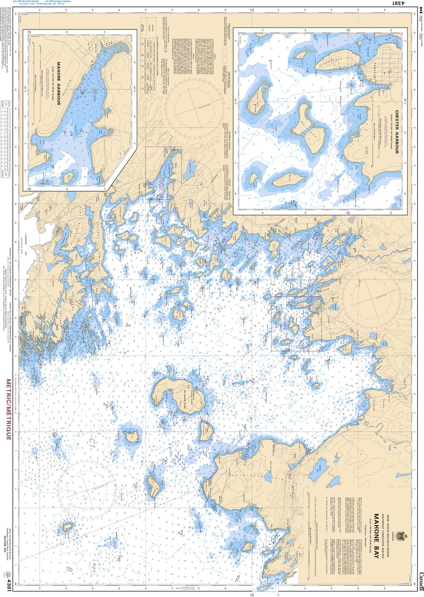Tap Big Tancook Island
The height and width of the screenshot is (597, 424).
[x=180, y=394]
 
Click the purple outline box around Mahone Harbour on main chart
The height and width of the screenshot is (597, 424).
[x=163, y=173]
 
